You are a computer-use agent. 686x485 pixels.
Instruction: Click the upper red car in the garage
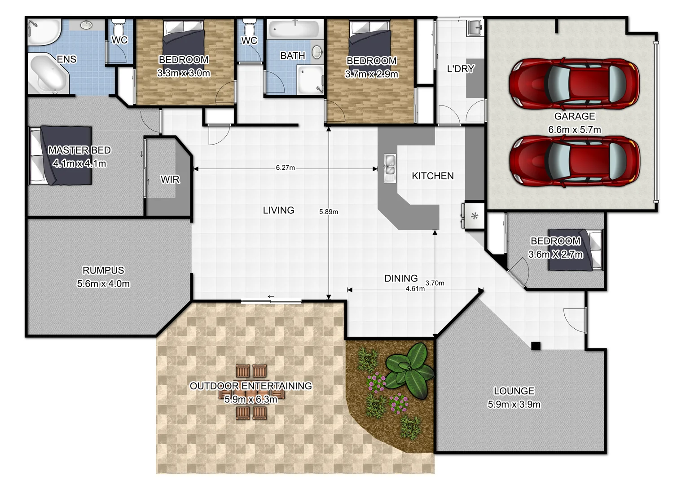tap(574, 84)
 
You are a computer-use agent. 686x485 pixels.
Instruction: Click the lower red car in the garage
tap(574, 161)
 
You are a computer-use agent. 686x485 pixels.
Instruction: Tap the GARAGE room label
tap(575, 116)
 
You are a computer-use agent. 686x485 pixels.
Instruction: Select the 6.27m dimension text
tap(286, 168)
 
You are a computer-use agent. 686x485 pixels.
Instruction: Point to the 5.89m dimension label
tap(329, 212)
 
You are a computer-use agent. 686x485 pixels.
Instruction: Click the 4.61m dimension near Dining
tap(415, 289)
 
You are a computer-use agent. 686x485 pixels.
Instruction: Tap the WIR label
tap(170, 180)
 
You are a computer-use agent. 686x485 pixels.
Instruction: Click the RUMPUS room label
tap(103, 270)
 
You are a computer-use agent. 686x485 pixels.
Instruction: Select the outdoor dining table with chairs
tap(251, 392)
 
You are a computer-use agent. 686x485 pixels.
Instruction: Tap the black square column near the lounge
tap(536, 346)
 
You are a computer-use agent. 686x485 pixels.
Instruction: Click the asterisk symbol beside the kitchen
tap(475, 216)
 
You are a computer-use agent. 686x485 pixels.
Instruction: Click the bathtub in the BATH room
tap(294, 29)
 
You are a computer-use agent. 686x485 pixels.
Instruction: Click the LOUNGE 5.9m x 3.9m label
tap(514, 397)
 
